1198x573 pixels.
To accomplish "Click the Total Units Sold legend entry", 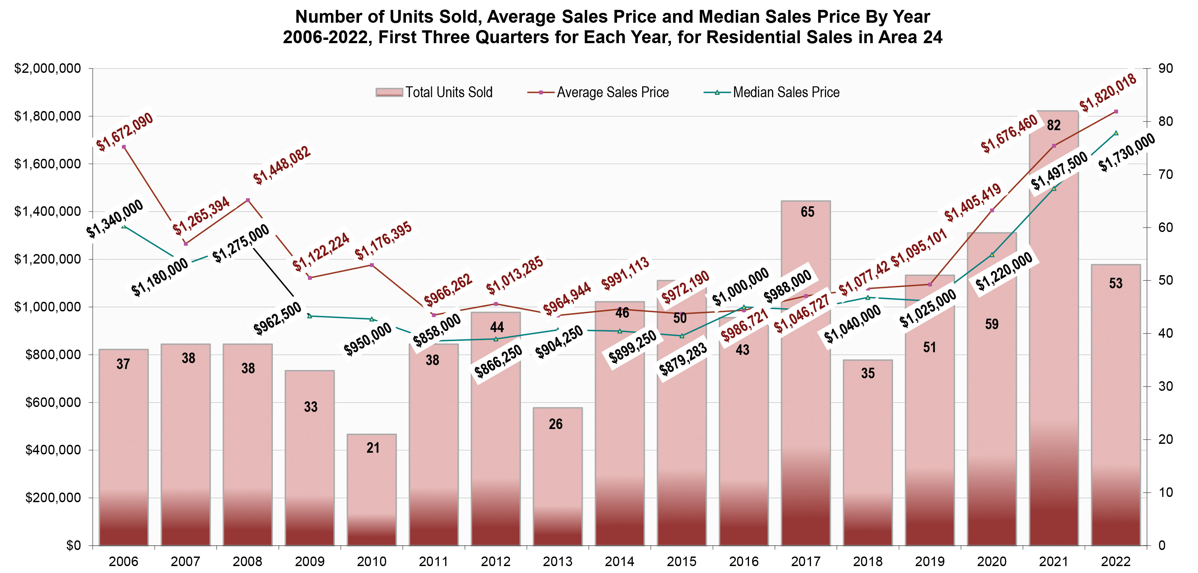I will tap(434, 93).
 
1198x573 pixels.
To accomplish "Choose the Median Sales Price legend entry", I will tap(772, 93).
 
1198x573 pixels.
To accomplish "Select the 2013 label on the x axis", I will tap(557, 562).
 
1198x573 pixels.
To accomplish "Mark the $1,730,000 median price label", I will tap(1126, 153).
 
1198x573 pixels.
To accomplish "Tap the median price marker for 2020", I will tap(992, 255).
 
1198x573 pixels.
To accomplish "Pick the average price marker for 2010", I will tap(372, 265).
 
